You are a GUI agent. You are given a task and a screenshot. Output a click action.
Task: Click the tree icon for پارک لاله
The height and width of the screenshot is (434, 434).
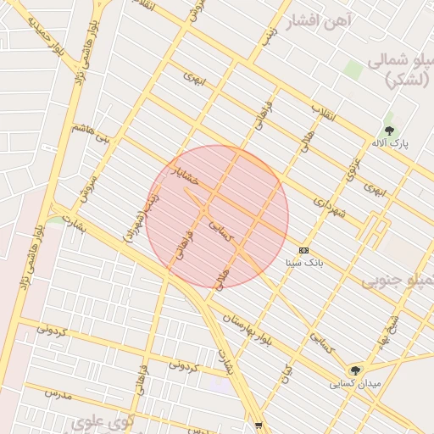pyautogui.click(x=389, y=131)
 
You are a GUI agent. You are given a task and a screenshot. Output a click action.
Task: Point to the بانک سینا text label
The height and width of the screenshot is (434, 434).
pyautogui.click(x=304, y=264)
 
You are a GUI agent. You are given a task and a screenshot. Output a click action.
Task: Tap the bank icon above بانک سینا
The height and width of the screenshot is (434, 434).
pyautogui.click(x=304, y=250)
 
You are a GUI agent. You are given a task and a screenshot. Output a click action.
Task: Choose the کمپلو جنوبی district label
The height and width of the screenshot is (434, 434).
pyautogui.click(x=398, y=281)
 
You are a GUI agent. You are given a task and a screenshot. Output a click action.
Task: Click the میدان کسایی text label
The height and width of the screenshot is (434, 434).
pyautogui.click(x=355, y=384)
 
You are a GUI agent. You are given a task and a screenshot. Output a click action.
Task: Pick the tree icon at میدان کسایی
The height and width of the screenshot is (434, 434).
pyautogui.click(x=356, y=370)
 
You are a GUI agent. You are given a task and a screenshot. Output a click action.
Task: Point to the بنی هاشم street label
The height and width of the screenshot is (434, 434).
pyautogui.click(x=92, y=133)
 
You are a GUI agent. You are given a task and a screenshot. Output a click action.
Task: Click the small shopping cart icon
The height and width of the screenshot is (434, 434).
pyautogui.click(x=259, y=426)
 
